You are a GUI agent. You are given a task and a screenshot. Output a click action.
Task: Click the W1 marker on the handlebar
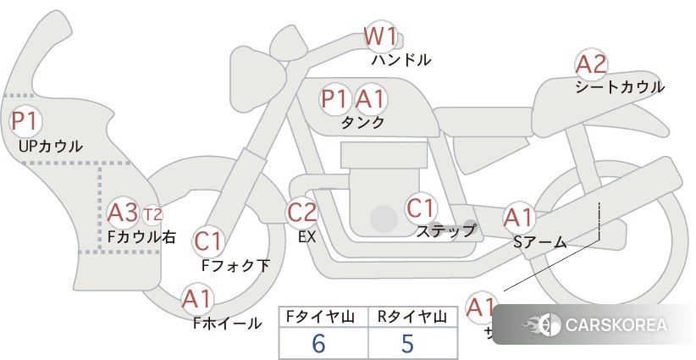(x=380, y=36)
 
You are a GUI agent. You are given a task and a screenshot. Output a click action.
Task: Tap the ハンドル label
(x=401, y=60)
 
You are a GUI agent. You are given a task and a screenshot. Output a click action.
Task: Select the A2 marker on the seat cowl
(x=591, y=64)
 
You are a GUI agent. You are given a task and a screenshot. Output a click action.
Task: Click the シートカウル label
(x=619, y=86)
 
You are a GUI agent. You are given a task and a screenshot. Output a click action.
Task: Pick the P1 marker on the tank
(x=334, y=99)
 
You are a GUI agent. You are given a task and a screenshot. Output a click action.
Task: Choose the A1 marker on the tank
(x=369, y=99)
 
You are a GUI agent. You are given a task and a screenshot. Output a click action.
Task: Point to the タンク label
(x=362, y=122)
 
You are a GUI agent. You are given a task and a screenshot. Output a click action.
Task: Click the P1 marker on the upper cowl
(x=24, y=120)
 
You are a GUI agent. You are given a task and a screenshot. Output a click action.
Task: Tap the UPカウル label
(x=51, y=146)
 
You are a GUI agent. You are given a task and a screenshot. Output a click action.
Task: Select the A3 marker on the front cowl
(x=123, y=212)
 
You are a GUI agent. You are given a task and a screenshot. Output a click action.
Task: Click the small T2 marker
(x=152, y=213)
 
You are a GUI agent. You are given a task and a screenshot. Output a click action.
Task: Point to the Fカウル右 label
(x=141, y=237)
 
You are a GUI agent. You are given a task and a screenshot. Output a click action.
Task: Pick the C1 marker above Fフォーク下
(x=207, y=241)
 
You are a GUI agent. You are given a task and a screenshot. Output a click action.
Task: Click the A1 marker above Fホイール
(x=197, y=299)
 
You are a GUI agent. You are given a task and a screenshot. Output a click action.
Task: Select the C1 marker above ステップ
(x=420, y=208)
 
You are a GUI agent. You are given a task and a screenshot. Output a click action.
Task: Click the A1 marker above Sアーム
(x=517, y=218)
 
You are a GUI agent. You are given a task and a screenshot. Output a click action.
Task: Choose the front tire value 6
(x=318, y=343)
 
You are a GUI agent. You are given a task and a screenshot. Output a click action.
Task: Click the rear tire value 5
(x=407, y=343)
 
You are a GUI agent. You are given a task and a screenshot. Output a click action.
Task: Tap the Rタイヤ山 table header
(x=412, y=317)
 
